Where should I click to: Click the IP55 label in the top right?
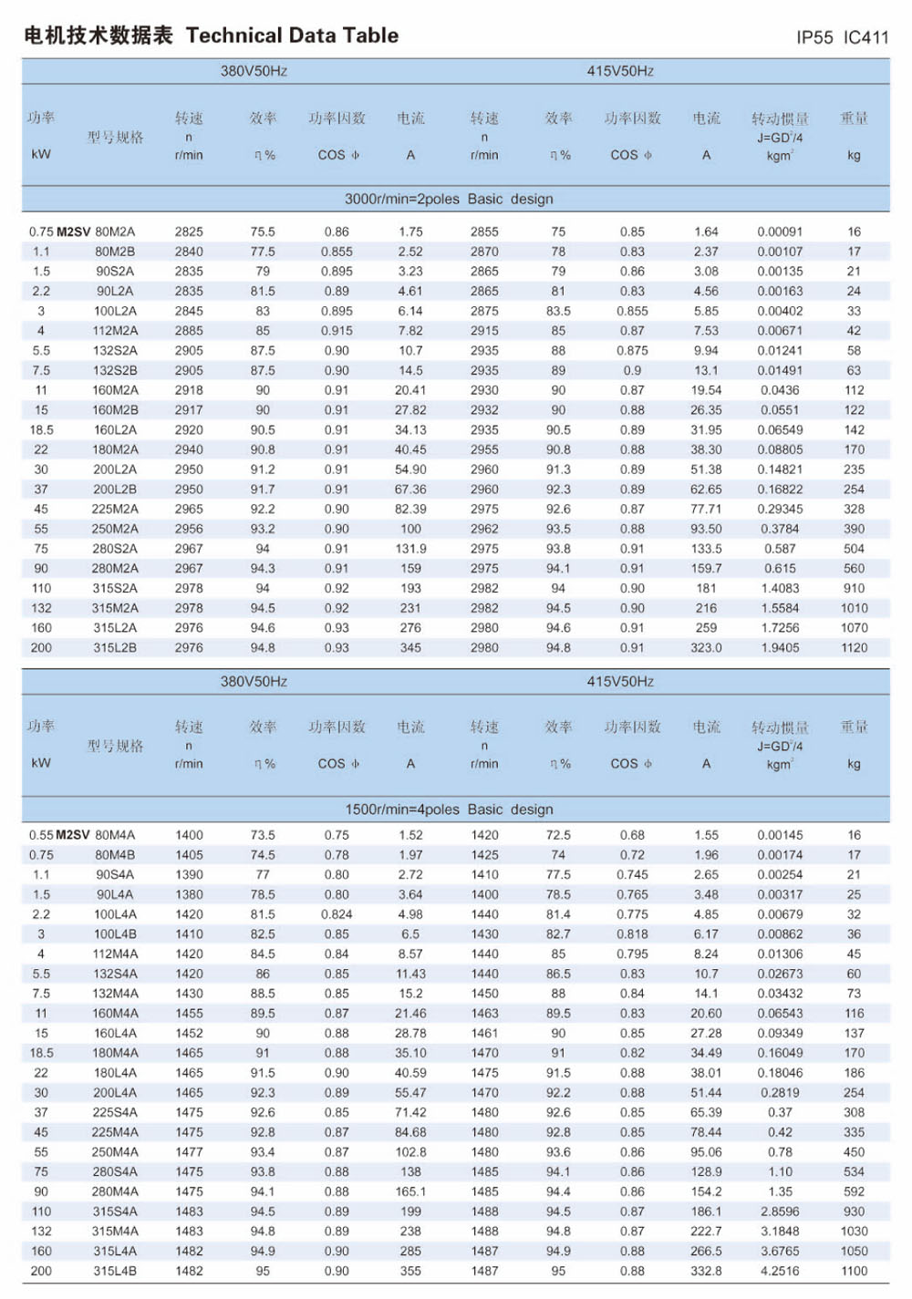point(814,37)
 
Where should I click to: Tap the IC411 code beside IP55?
point(865,37)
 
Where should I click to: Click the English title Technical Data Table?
point(292,36)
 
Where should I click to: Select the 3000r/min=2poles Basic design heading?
point(449,199)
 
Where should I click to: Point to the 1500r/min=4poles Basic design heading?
point(449,809)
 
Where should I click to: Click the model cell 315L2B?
point(115,648)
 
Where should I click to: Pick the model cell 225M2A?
point(115,510)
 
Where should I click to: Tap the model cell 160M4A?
point(115,1014)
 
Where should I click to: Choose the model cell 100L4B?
point(115,934)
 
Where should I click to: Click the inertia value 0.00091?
point(780,232)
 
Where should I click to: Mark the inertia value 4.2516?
point(780,1272)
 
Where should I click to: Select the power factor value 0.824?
point(337,914)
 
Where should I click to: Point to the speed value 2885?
point(189,331)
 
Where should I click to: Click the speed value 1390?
point(189,875)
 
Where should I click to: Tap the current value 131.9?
point(410,549)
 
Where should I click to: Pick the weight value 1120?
point(854,648)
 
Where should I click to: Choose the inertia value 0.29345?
point(780,510)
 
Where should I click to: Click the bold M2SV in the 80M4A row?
point(73,835)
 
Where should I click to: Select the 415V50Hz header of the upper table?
point(620,71)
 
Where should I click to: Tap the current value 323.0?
point(706,648)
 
